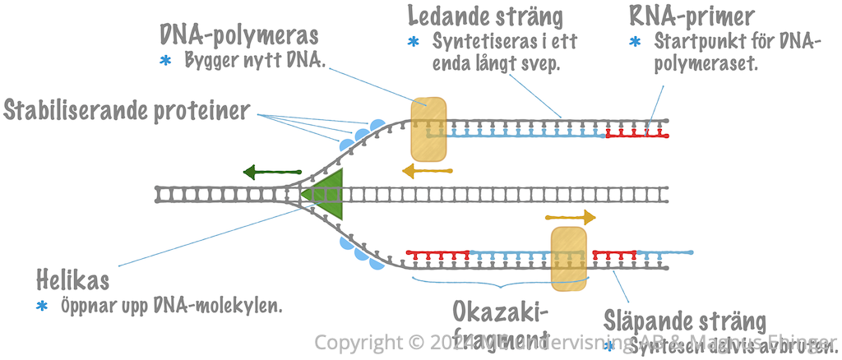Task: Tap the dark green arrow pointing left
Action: pos(272,173)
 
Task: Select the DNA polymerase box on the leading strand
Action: pos(428,129)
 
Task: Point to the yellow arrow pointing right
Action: pos(571,217)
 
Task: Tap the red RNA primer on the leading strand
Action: pos(636,132)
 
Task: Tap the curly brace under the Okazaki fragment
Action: pos(498,285)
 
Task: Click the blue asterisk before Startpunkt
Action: pos(634,41)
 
